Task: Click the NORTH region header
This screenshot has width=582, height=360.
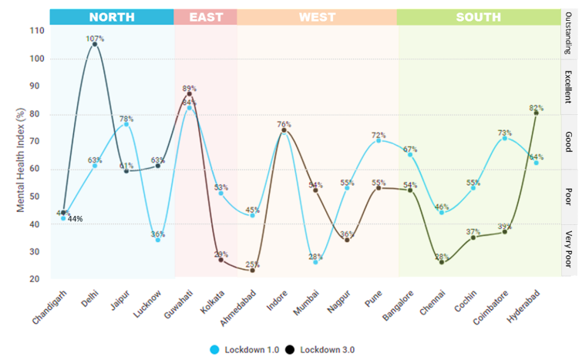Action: tap(111, 16)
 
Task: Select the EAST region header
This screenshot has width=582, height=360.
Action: tap(205, 16)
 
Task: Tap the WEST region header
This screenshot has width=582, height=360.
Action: tap(317, 16)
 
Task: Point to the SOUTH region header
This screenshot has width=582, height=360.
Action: tap(478, 16)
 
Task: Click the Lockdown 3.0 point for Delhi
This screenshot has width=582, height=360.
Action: tap(95, 44)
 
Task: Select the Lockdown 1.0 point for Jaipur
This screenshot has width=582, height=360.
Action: tap(126, 124)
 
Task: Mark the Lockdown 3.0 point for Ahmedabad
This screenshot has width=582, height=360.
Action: tap(252, 270)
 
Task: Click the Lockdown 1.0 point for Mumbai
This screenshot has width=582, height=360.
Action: tap(315, 262)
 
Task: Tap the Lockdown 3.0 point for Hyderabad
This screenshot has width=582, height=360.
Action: tap(537, 113)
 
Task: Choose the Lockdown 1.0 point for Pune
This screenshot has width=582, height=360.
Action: tap(378, 140)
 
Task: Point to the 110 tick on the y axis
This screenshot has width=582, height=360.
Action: tap(36, 31)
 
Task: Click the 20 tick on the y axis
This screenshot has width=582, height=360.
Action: tap(36, 279)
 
